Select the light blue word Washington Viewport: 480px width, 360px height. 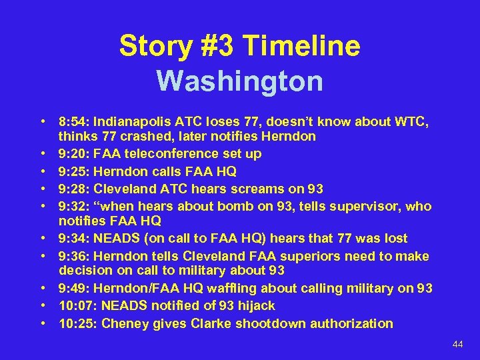(240, 81)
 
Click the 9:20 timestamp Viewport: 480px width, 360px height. (73, 153)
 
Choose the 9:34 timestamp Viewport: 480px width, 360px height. (73, 238)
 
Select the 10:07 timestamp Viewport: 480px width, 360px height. (77, 305)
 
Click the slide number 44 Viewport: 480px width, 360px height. (457, 344)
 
